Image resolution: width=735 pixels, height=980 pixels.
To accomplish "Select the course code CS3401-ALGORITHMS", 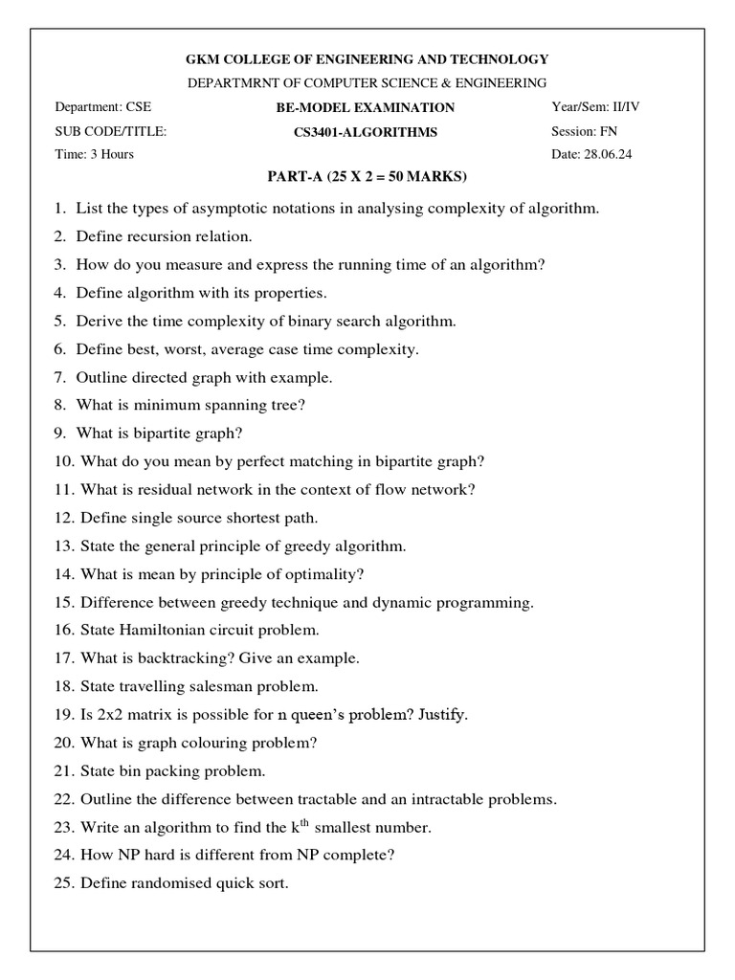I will pos(366,132).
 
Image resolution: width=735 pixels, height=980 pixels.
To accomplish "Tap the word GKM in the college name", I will pos(204,59).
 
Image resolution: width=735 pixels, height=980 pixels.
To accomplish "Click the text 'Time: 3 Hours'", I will pos(94,154).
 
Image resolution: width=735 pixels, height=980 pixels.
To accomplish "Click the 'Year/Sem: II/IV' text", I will pos(595,107).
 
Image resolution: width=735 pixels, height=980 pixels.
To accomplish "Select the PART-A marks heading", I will pos(366,178).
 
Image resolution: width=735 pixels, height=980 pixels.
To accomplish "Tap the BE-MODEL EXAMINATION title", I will pos(366,108).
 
